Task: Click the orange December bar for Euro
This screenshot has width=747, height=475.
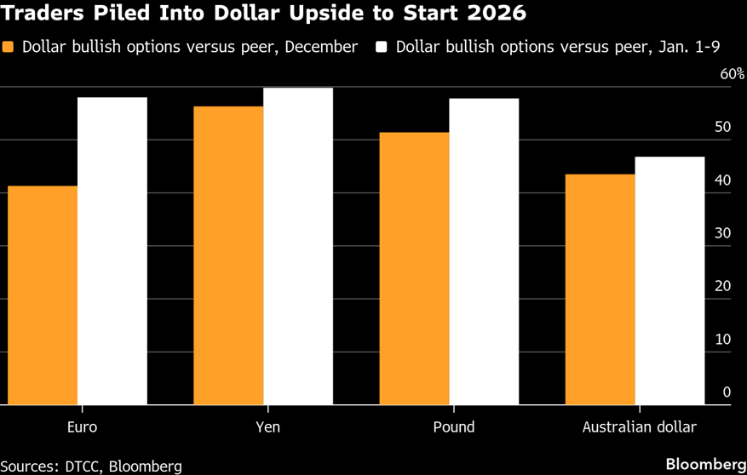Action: point(43,295)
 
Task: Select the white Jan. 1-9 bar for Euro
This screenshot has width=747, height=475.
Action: point(112,250)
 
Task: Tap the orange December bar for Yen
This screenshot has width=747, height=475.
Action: point(228,255)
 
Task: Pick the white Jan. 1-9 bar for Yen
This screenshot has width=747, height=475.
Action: point(298,246)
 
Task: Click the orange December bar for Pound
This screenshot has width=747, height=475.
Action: point(414,268)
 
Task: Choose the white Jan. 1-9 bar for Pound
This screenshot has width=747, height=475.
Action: point(484,251)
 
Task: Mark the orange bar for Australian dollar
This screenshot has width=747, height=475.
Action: point(600,289)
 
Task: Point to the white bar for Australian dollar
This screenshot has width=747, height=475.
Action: point(670,280)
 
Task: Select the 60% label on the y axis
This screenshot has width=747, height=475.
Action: point(732,74)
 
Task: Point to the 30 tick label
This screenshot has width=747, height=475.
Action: point(723,233)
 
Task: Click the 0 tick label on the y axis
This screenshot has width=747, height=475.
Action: point(727,392)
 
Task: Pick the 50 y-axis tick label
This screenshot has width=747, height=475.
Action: point(723,127)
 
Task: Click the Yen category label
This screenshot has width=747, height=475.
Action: point(267,427)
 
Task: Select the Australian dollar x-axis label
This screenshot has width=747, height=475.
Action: point(640,427)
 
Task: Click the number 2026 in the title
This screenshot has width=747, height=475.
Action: point(497,14)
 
